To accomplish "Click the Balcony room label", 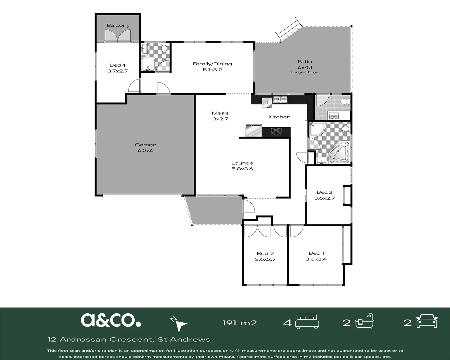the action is coord(118,26).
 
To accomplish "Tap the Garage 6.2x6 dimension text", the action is coord(146,150).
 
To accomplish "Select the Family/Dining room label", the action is coord(212,64).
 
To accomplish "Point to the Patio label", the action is coord(305,61).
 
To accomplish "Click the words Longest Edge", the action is coord(305,72).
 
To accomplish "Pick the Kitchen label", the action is coord(279,117).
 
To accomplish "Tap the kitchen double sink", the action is coord(280,100).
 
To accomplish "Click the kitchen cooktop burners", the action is coord(276,132).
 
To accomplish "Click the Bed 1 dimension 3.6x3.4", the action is coord(316,259).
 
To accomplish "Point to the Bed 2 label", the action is coord(265,254).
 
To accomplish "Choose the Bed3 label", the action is coord(324,192).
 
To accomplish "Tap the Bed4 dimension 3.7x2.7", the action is coord(118,71).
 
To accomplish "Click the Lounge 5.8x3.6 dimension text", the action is coord(242,169).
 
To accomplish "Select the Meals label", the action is coord(220,113).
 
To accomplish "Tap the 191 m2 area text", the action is coord(240,323).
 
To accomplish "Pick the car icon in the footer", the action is coord(427,321).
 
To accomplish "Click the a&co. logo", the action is coord(111,320).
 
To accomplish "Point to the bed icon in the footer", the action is coord(307,321).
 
